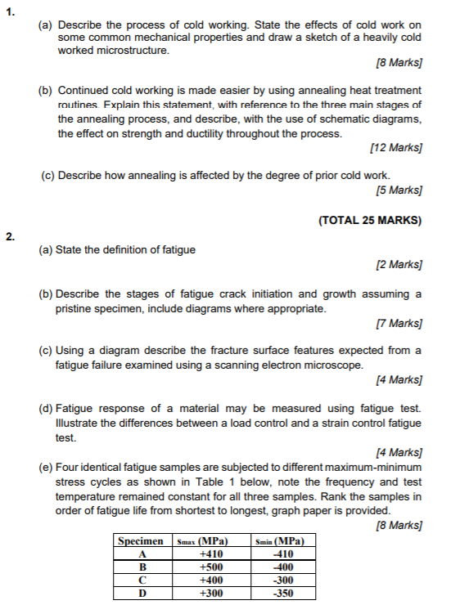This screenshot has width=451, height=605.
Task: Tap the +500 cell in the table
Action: pos(212,567)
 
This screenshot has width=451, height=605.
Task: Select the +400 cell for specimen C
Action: pos(212,580)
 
